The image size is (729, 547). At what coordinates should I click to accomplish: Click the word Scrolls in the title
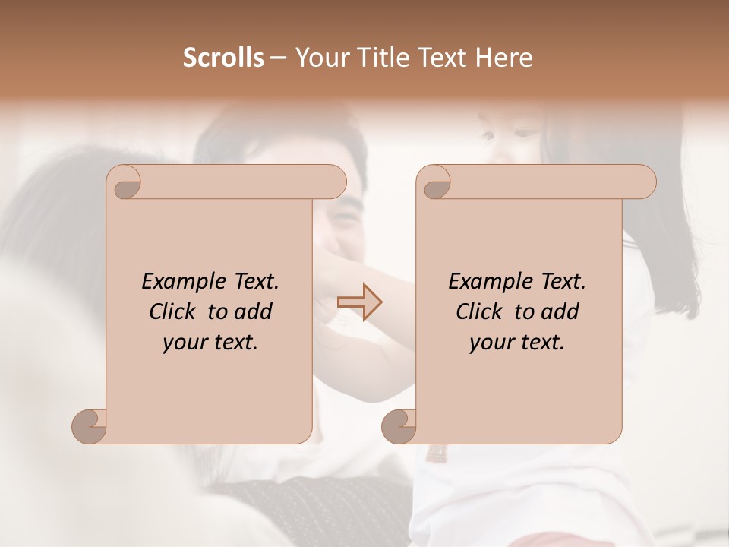(x=224, y=58)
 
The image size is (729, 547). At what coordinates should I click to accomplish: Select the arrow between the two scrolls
(x=359, y=302)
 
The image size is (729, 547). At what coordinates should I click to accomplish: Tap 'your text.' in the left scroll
(x=210, y=342)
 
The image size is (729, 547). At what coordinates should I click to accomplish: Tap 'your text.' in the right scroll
(x=517, y=342)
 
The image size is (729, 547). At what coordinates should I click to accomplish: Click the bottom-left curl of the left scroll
(x=90, y=425)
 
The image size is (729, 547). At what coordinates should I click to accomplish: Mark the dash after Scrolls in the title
(x=278, y=58)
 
